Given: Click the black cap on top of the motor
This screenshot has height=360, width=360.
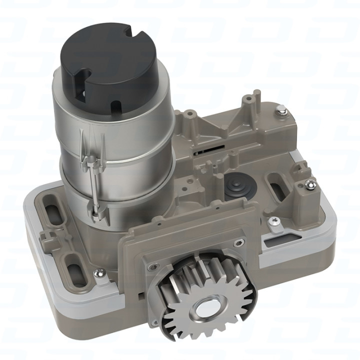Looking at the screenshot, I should pos(107,60).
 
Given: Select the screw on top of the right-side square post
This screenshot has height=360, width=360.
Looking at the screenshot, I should pos(310,185).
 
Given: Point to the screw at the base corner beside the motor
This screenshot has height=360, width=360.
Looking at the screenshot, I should pos(99,272).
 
